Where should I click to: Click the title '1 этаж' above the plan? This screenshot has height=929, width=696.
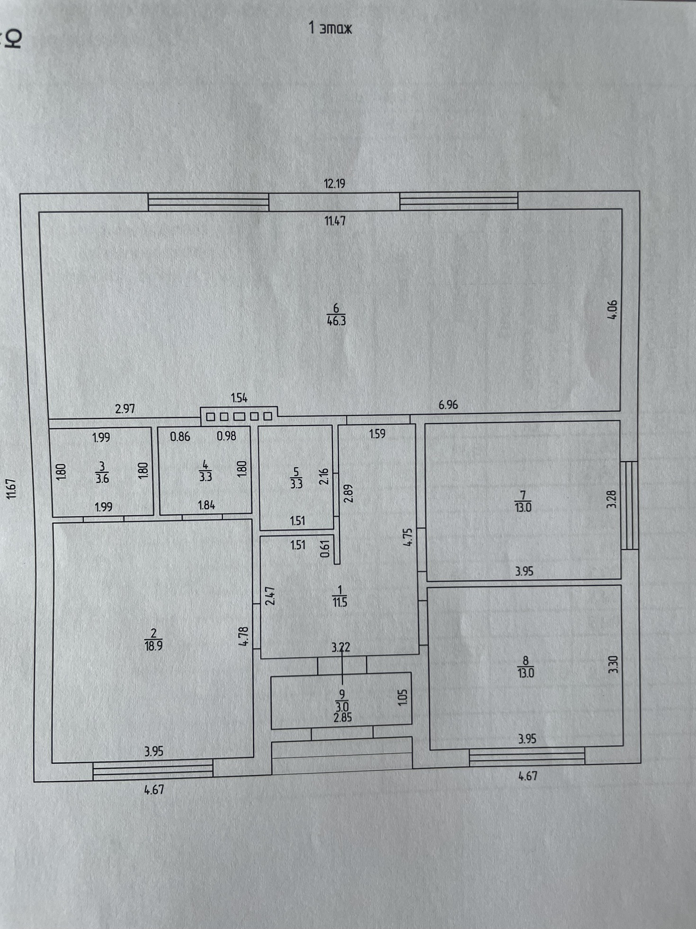(330, 28)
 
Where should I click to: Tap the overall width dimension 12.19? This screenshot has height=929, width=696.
(334, 183)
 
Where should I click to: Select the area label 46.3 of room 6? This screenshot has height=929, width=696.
(336, 321)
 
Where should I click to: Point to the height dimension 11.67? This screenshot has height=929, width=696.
(12, 488)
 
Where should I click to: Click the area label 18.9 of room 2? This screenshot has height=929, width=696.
(153, 646)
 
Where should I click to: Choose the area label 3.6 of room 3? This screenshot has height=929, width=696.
(102, 478)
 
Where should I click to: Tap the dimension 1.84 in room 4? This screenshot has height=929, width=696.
(206, 505)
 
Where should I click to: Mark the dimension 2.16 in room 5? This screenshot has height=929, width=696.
(324, 476)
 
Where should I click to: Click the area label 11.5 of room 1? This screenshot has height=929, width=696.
(340, 602)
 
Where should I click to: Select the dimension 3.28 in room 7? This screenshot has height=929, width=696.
(612, 499)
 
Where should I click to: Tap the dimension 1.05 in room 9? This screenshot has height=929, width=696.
(403, 697)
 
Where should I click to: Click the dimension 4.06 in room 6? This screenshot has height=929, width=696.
(612, 310)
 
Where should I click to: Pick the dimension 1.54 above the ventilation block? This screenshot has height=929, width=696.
(239, 398)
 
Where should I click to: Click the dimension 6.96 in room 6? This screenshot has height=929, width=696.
(448, 405)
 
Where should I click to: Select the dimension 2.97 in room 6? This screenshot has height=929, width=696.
(125, 409)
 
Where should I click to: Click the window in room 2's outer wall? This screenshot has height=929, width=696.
(153, 769)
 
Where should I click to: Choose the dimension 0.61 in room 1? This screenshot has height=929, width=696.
(325, 549)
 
